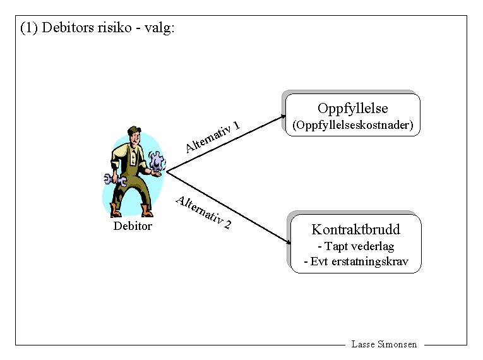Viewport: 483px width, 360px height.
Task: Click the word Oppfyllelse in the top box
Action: (352, 108)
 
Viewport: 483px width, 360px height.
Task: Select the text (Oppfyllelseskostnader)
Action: (352, 126)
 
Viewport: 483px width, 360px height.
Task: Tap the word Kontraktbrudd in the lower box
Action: (355, 229)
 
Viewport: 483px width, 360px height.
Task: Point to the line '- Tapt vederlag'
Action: (355, 246)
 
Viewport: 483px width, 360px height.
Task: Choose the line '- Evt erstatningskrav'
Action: (355, 261)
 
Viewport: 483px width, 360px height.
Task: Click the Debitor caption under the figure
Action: (133, 225)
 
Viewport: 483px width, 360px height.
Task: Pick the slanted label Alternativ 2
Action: (204, 212)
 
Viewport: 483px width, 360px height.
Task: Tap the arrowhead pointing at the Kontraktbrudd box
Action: (282, 239)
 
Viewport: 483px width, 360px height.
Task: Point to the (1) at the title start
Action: (29, 28)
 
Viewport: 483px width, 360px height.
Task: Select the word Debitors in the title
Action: (67, 28)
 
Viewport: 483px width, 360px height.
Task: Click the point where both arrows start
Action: (167, 171)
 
